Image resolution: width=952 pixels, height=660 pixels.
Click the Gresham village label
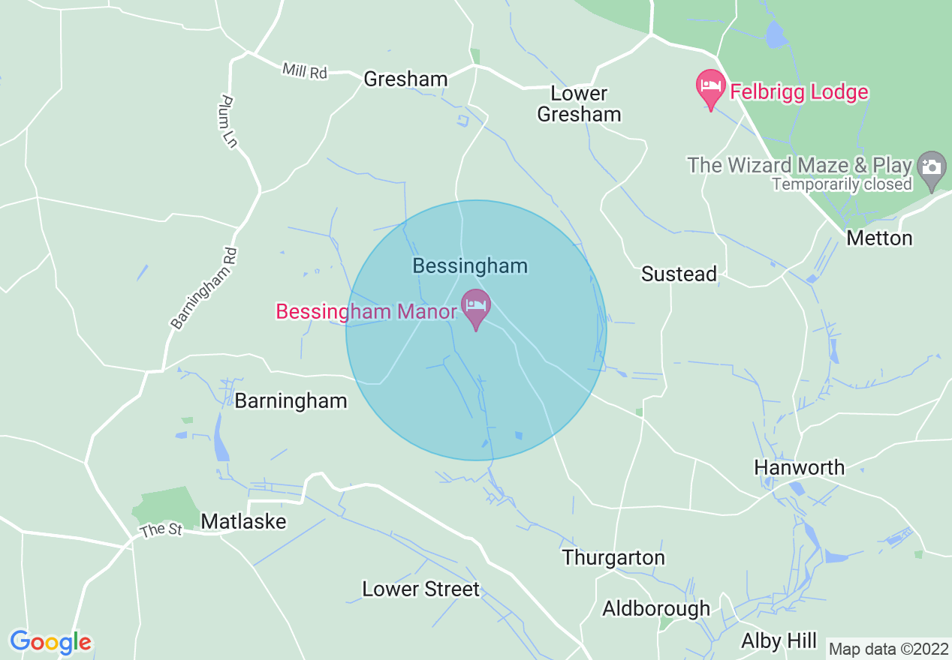coord(405,79)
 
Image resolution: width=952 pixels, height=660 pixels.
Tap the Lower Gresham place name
coord(579,103)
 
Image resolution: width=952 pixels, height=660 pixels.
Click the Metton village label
coord(879,238)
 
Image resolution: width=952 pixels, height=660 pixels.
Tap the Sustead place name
coord(679,274)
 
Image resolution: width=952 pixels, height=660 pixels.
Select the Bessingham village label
coord(470,266)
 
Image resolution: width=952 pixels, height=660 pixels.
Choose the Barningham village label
coord(291,401)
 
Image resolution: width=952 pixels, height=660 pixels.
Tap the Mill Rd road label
coord(305,71)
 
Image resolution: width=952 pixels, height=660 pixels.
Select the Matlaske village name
coord(244,521)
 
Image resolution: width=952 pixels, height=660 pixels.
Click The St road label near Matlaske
coord(161,529)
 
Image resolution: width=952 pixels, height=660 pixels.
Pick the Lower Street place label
coord(420,589)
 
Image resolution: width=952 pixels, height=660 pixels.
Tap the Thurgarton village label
coord(613,558)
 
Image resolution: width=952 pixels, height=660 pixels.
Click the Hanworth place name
coord(799,468)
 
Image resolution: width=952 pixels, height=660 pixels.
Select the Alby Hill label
coord(779,641)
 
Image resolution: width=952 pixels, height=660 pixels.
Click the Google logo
coord(50,643)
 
